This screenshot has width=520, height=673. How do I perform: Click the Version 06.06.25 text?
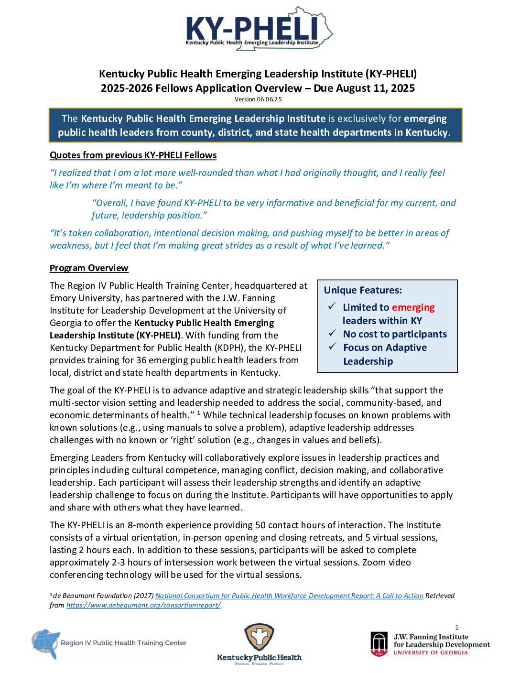point(258,99)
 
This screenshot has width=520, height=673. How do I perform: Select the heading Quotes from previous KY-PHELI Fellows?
point(133,155)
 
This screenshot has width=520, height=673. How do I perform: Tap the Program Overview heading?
point(89,268)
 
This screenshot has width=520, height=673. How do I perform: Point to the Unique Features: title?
point(363,290)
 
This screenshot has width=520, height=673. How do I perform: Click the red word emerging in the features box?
point(413,307)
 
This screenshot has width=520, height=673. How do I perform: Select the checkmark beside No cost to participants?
point(332,333)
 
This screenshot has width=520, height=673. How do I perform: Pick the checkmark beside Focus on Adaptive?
point(332,347)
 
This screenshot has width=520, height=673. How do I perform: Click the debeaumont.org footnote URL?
point(143,605)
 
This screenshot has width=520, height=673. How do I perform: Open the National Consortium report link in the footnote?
point(289,596)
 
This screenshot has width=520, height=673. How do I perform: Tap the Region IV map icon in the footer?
point(46,643)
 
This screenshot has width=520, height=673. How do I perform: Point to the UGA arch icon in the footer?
point(379,643)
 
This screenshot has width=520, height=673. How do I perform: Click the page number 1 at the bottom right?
point(456,628)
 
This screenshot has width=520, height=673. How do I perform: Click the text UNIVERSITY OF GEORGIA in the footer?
point(431,652)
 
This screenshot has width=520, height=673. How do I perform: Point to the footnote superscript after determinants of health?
point(198,412)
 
